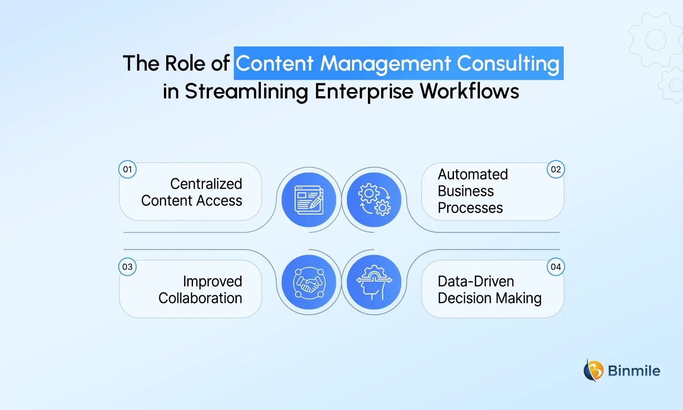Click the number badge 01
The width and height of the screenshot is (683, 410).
point(127,169)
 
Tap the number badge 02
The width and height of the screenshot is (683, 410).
point(556,169)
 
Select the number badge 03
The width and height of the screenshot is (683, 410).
point(127,267)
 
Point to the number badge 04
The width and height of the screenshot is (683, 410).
point(556,267)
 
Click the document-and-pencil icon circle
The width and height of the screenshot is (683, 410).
point(309,200)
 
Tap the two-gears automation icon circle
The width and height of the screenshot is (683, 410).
point(374,200)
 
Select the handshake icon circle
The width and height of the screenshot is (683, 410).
point(309,282)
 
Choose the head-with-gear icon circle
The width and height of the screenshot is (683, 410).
point(374,282)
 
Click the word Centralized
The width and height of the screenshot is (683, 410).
point(206,184)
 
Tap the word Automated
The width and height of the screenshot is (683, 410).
point(473,174)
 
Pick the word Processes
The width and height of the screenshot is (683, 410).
point(470,208)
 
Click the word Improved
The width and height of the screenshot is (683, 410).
point(212,282)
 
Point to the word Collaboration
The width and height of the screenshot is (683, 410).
point(200,298)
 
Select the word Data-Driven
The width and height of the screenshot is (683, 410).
point(476,281)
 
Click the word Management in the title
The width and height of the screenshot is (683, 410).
point(385,63)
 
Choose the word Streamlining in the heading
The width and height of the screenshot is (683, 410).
point(246,91)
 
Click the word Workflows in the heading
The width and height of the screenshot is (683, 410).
point(469,91)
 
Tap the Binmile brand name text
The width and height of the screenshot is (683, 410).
point(634,371)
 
